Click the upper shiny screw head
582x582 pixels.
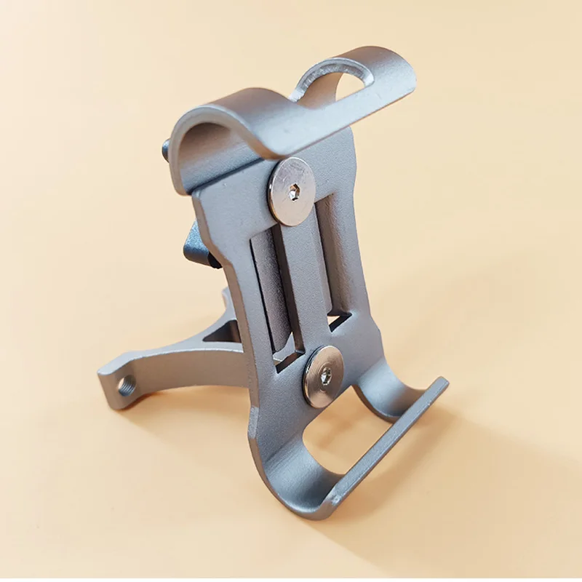292,191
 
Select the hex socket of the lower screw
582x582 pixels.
325,375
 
